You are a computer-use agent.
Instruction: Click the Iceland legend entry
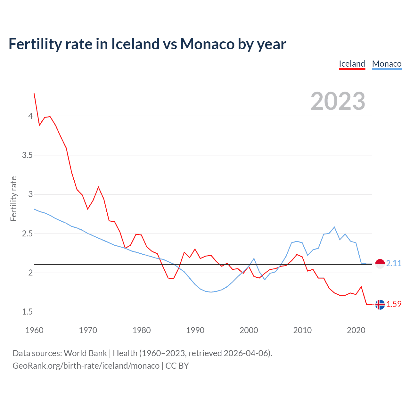coord(352,64)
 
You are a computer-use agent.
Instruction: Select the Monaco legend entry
coord(387,64)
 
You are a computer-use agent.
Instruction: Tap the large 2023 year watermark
coord(338,101)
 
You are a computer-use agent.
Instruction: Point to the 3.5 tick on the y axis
coord(27,155)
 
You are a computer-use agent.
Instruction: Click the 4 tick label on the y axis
coord(30,116)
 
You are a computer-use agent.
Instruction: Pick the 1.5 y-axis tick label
coord(27,312)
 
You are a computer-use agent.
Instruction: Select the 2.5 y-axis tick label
coord(27,234)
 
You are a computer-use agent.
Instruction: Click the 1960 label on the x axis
coord(34,330)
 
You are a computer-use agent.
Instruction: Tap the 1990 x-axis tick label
coord(195,330)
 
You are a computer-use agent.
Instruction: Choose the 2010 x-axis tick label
coord(302,330)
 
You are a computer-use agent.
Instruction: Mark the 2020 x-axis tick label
coord(356,330)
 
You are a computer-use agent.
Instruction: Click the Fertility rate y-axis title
coord(13,199)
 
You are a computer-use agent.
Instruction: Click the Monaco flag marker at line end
coord(380,264)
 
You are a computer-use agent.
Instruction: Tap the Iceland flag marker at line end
coord(380,304)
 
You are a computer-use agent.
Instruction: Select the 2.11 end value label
coord(394,263)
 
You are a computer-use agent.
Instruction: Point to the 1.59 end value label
coord(394,304)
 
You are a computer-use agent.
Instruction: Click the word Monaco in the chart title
coord(207,44)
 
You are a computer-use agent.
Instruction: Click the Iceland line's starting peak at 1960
coord(34,93)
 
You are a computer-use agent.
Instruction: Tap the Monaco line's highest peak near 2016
coord(334,227)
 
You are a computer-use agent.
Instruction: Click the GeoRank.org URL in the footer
coord(86,366)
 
